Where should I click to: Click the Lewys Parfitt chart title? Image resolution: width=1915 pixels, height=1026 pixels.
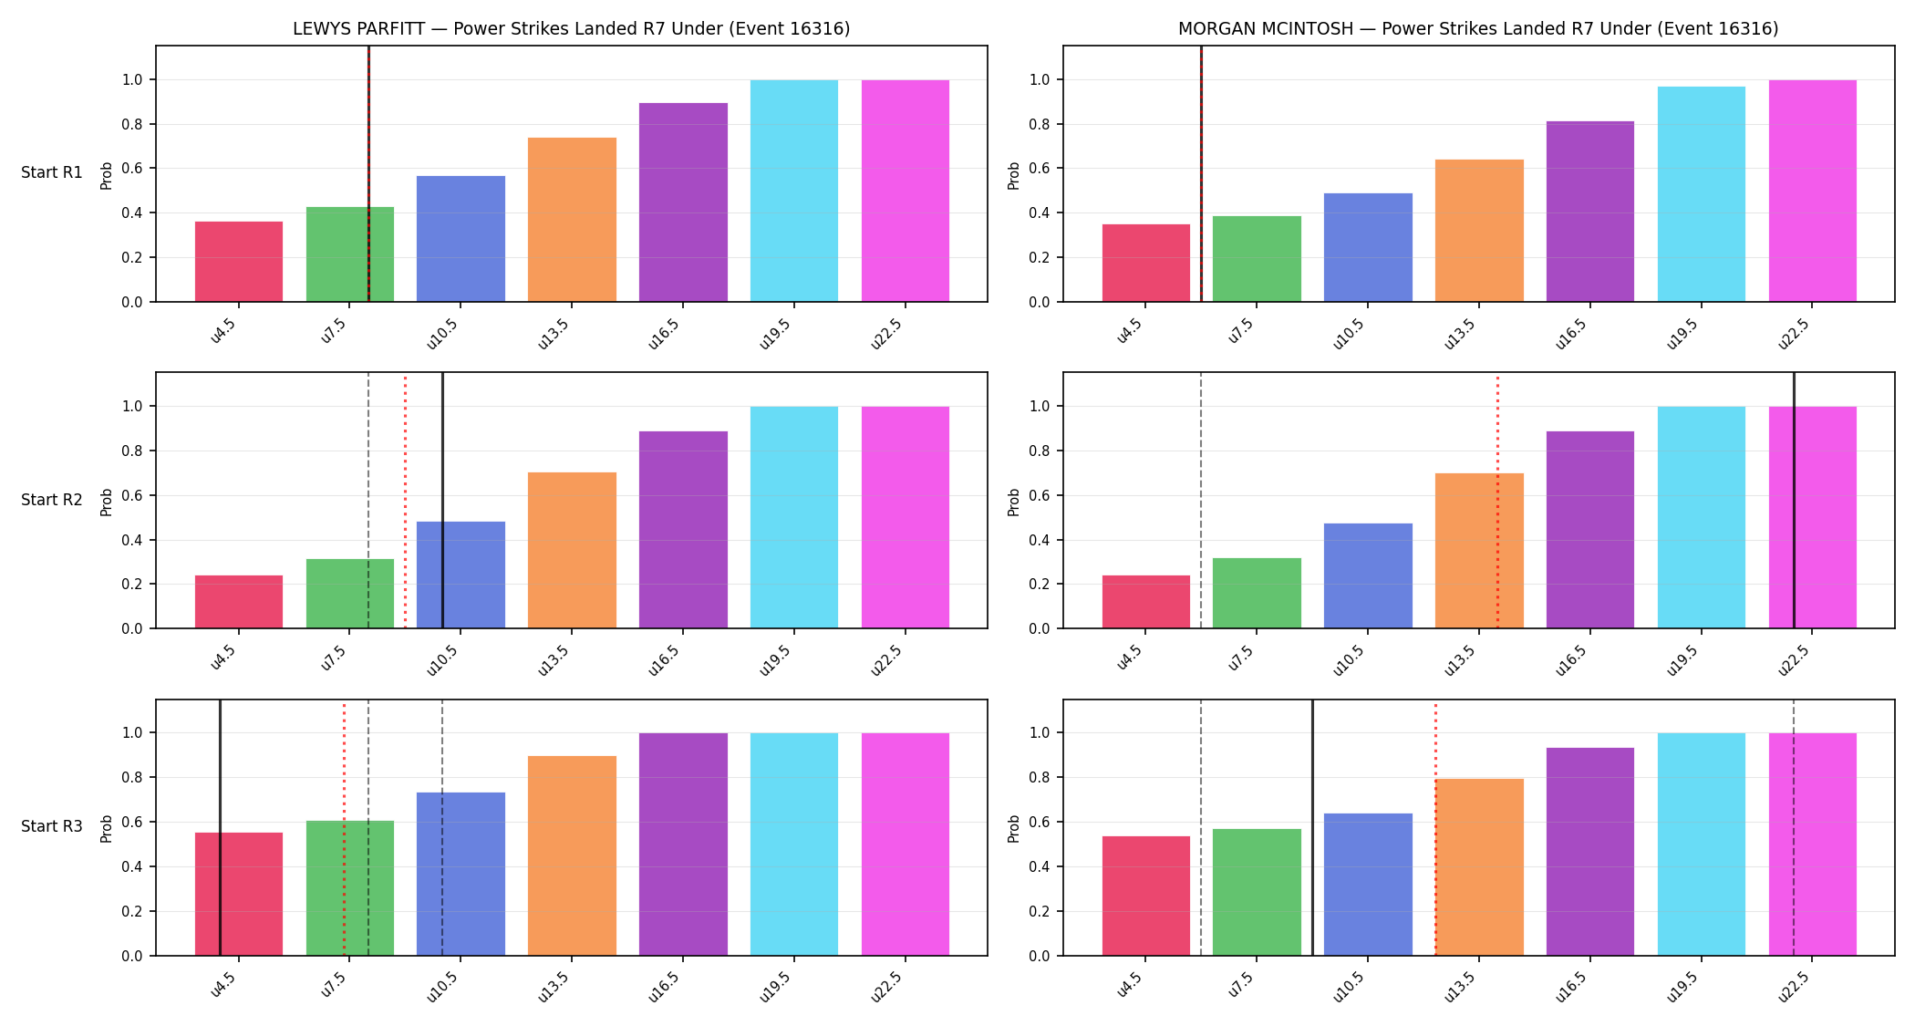tap(571, 28)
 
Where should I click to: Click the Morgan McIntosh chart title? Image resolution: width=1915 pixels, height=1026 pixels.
tap(1478, 28)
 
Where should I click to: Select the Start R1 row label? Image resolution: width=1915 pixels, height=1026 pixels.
tap(52, 172)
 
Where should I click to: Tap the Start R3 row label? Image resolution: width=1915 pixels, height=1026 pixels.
tap(52, 826)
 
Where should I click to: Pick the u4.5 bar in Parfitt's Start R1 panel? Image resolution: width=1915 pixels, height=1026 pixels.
tap(239, 262)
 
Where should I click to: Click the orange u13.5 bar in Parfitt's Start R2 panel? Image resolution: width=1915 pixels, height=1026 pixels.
tap(572, 550)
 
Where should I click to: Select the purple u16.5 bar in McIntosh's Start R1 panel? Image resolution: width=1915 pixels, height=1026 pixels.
tap(1590, 212)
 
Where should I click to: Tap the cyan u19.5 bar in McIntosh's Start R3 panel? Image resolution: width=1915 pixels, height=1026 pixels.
tap(1702, 845)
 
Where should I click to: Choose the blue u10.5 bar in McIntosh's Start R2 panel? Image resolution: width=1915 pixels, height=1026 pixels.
tap(1368, 575)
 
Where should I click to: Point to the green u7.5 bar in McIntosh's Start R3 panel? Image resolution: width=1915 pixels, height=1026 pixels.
tap(1257, 892)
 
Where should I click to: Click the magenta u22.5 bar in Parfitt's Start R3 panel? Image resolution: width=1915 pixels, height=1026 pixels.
tap(906, 845)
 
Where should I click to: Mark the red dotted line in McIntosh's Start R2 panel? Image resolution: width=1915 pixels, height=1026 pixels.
tap(1497, 501)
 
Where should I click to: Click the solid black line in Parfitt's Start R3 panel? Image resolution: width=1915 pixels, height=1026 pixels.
tap(220, 827)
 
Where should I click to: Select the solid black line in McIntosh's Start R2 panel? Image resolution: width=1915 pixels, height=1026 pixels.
tap(1794, 501)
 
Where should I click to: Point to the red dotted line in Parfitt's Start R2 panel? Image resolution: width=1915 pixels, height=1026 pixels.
tap(405, 501)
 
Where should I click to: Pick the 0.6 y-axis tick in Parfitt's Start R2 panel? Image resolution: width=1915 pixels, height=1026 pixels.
tap(132, 495)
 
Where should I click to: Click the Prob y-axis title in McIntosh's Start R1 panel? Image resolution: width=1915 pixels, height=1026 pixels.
tap(1014, 175)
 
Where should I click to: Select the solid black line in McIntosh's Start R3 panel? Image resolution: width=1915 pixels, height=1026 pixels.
tap(1312, 827)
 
